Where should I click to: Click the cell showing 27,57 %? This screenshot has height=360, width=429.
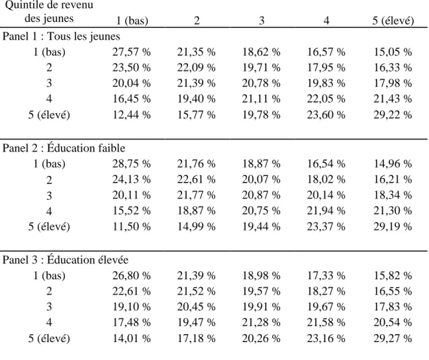pyautogui.click(x=131, y=52)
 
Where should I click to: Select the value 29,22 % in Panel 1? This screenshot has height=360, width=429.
pyautogui.click(x=393, y=114)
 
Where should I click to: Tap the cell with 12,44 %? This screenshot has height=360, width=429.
pyautogui.click(x=131, y=114)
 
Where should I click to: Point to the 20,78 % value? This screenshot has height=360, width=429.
pyautogui.click(x=261, y=83)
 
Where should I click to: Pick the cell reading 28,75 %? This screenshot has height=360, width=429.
pyautogui.click(x=131, y=164)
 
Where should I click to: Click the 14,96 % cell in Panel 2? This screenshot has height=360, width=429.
pyautogui.click(x=393, y=164)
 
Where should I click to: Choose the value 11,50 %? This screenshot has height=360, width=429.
pyautogui.click(x=131, y=226)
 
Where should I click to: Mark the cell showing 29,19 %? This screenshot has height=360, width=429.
pyautogui.click(x=393, y=226)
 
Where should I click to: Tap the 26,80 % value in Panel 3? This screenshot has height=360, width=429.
pyautogui.click(x=131, y=275)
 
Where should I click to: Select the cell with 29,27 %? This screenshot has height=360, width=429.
pyautogui.click(x=393, y=338)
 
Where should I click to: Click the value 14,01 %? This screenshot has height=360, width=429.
pyautogui.click(x=131, y=338)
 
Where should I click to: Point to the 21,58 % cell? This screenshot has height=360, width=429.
pyautogui.click(x=326, y=322)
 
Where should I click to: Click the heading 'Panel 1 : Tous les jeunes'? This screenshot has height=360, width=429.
pyautogui.click(x=62, y=36)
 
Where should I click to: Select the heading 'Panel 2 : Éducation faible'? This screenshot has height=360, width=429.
pyautogui.click(x=64, y=148)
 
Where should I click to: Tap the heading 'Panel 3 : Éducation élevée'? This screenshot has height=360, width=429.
pyautogui.click(x=66, y=259)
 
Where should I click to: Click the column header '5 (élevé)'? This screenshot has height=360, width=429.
pyautogui.click(x=393, y=21)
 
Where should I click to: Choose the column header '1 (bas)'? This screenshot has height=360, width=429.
pyautogui.click(x=132, y=21)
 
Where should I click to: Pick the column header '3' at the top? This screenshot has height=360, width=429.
pyautogui.click(x=262, y=21)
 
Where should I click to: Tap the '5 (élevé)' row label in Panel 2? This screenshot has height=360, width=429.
pyautogui.click(x=49, y=227)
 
